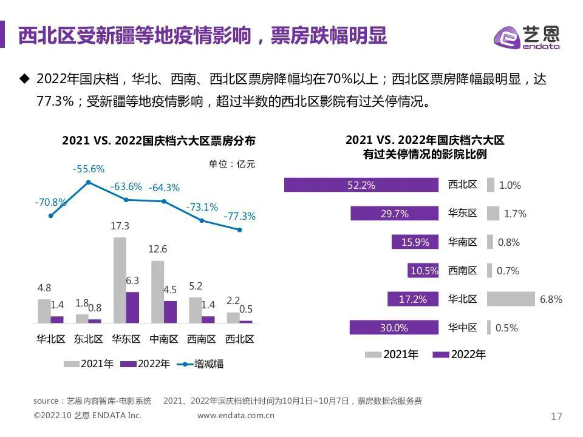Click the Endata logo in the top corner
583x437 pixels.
527,38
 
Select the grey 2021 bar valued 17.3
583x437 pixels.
120,280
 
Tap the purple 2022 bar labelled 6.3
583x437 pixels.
132,307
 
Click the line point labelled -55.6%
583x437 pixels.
89,182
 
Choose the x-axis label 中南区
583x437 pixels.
163,339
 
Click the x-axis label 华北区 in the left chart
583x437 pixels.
50,339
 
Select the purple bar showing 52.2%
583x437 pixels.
361,185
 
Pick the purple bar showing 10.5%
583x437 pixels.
423,271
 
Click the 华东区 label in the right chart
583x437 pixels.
463,214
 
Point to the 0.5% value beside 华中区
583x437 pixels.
506,328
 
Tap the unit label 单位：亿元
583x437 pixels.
232,164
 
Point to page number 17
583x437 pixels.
556,416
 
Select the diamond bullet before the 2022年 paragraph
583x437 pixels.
24,78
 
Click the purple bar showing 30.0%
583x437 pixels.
394,328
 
